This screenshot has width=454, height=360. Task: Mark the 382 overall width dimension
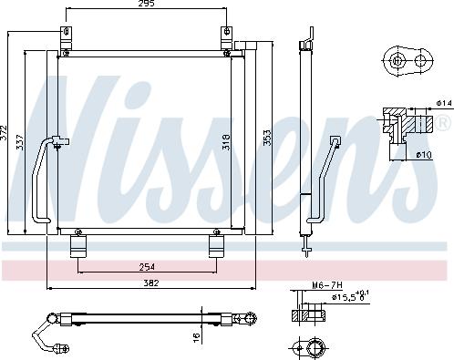point(151,283)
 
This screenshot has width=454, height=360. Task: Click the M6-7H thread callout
point(326,284)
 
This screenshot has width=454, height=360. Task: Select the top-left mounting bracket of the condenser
point(66,38)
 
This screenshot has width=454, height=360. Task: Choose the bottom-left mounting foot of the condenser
point(78,248)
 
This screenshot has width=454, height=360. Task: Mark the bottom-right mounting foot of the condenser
point(217,248)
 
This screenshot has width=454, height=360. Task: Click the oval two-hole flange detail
point(408,62)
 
